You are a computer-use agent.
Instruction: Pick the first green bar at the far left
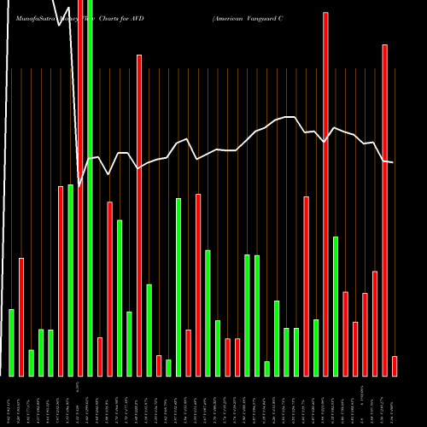pos(12,342)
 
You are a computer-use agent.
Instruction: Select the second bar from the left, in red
pos(21,317)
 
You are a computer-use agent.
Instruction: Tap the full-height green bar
pos(90,188)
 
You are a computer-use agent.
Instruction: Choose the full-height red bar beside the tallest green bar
pos(80,188)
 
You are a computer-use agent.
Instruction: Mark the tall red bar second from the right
pos(384,210)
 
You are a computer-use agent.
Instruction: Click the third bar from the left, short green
pos(32,363)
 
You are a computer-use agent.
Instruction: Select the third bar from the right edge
pos(375,324)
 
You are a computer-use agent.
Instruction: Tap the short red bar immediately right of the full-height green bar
pos(99,357)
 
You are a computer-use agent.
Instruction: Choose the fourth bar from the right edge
pos(366,335)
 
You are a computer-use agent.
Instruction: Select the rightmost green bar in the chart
pos(336,307)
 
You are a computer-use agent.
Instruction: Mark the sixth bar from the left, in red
pos(61,281)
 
